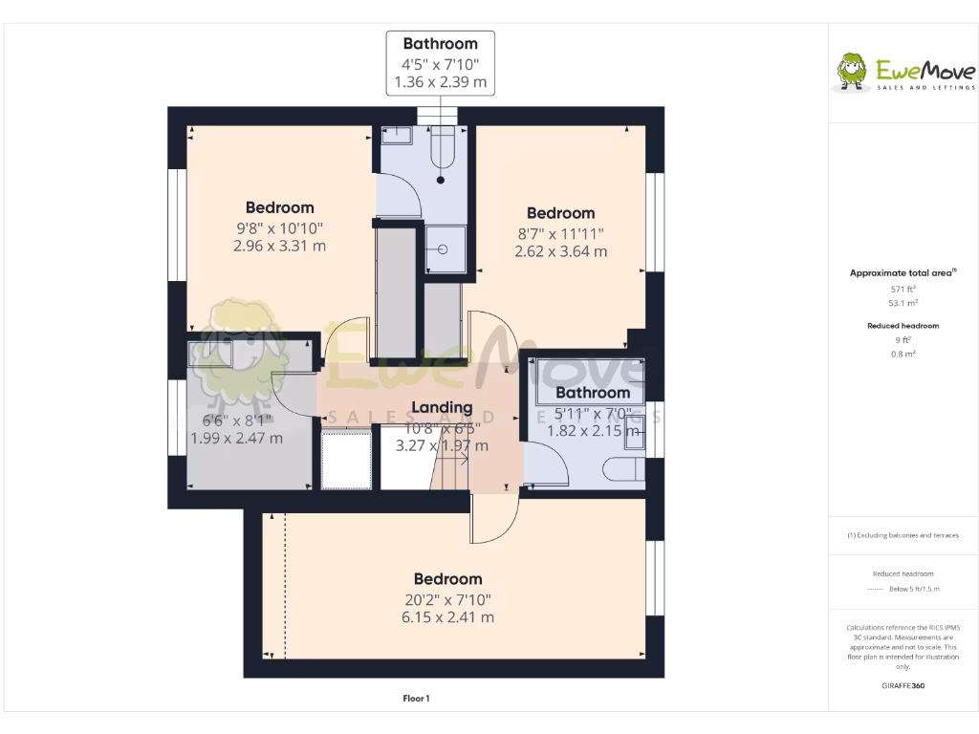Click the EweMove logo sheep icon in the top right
tap(851, 72)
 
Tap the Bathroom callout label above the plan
tap(440, 44)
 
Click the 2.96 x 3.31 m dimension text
tap(279, 246)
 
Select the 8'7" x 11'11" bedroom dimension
tap(560, 233)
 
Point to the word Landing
tap(441, 408)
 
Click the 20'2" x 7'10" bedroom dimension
tap(447, 599)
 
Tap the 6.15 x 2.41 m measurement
tap(447, 617)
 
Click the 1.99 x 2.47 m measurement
tap(236, 439)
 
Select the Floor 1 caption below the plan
tap(416, 699)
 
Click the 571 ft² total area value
tap(897, 288)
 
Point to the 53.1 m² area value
tap(897, 302)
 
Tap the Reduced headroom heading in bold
tap(903, 326)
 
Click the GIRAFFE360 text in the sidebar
tap(903, 685)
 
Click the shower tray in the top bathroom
tap(446, 249)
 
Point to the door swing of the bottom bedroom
tap(495, 521)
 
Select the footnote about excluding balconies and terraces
tap(903, 535)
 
